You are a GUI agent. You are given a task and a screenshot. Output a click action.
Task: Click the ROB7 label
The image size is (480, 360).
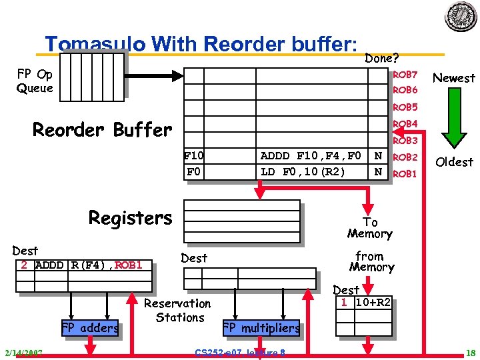tap(405, 74)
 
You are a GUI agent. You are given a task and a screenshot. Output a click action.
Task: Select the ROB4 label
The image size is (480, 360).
tap(405, 124)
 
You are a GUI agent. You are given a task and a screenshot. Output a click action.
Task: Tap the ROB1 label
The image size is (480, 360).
tap(405, 173)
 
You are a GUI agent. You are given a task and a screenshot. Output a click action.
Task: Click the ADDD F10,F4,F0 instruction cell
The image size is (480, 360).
tap(311, 156)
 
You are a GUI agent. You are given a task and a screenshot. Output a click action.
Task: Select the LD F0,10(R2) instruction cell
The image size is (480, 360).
tap(303, 172)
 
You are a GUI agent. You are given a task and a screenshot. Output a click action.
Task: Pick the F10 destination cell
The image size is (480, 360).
tap(194, 156)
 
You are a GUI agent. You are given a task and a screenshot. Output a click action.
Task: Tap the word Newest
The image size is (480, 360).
tap(454, 78)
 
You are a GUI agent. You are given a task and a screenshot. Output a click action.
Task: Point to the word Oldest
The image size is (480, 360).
tap(454, 162)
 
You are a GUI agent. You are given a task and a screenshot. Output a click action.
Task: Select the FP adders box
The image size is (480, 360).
tap(90, 327)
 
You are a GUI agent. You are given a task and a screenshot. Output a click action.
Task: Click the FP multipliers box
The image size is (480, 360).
tap(261, 328)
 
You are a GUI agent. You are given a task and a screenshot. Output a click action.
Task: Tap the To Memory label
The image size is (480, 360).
tap(370, 228)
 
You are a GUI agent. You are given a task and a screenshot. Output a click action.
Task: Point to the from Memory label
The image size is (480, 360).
tap(371, 261)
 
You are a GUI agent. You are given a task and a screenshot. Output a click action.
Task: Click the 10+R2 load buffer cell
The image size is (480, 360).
tap(373, 302)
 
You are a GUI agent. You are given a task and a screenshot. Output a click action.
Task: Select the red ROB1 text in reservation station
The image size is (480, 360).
tap(129, 265)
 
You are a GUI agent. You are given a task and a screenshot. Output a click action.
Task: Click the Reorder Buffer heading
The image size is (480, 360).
tap(102, 130)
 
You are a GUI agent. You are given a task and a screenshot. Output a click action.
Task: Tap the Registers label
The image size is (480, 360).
tap(130, 218)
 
